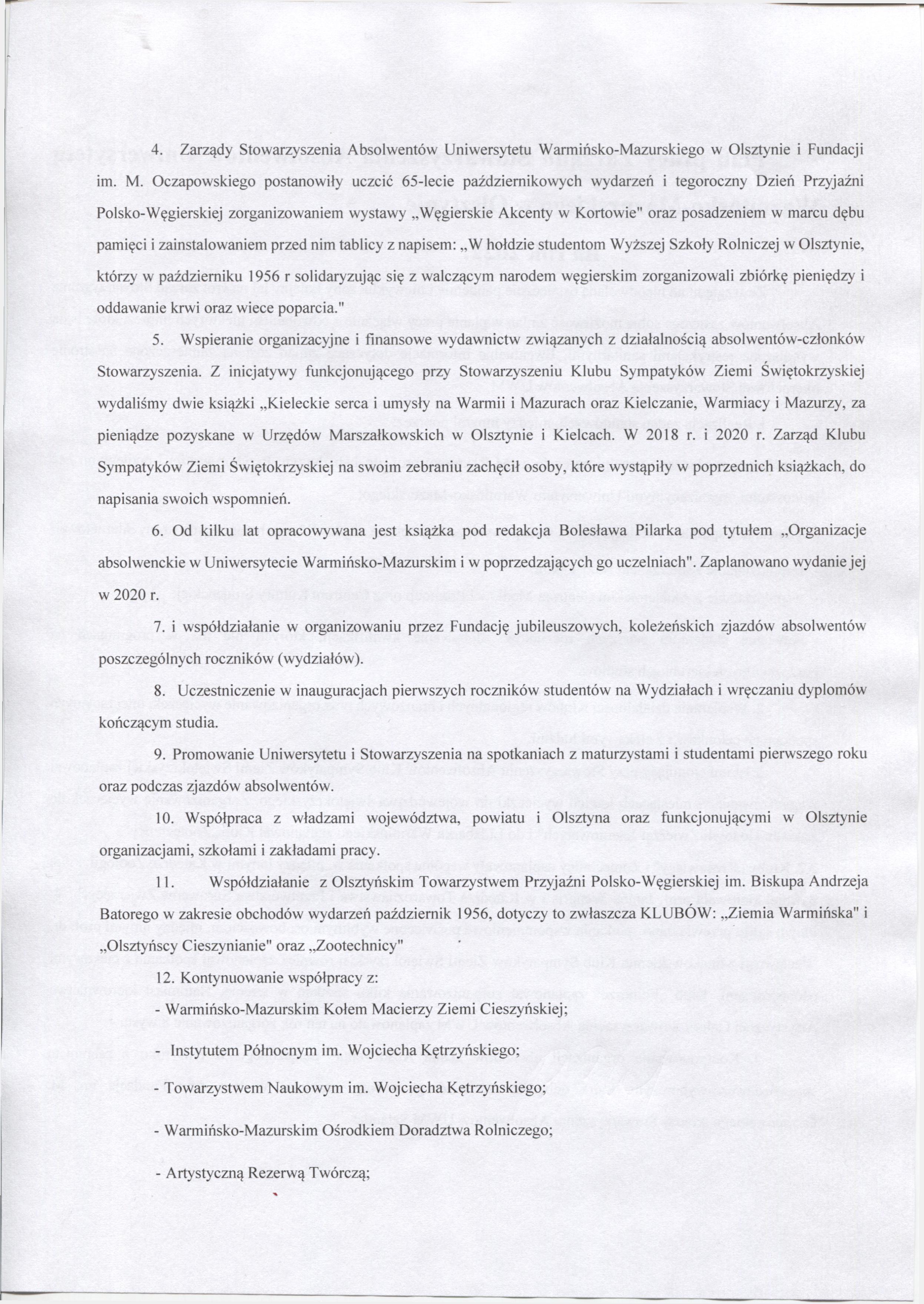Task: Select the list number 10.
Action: coord(163,818)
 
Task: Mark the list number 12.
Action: coord(163,977)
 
